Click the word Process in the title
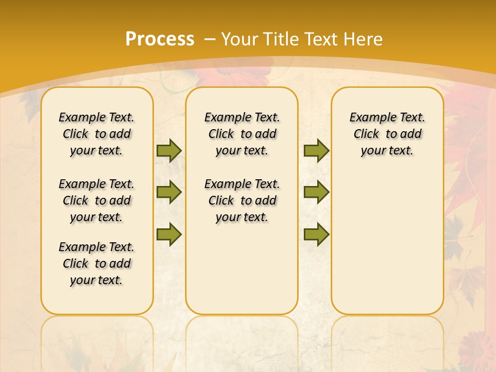(160, 39)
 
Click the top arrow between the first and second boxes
(169, 150)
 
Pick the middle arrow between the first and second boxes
(169, 192)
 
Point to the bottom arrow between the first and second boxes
(169, 234)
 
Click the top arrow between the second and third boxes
(316, 150)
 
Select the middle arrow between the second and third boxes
(316, 192)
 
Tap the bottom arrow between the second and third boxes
(316, 234)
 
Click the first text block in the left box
(97, 134)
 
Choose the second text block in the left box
(97, 200)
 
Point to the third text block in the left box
(97, 263)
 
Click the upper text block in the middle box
(242, 134)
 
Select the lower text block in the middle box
(242, 200)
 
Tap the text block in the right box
(388, 134)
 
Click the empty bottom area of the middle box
(242, 274)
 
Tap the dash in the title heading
(210, 39)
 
